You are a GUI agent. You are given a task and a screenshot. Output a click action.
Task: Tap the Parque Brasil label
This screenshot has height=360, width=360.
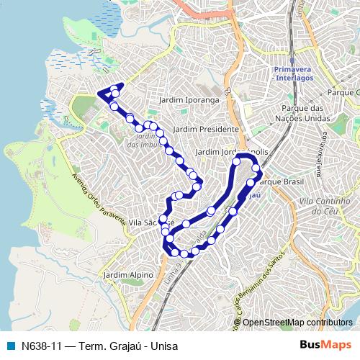[278, 181]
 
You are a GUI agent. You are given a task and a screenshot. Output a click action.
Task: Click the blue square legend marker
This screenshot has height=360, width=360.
[10, 346]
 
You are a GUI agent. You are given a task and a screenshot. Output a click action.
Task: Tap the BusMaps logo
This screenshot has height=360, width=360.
[325, 346]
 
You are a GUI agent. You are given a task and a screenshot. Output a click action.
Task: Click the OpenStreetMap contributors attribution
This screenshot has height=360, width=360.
[297, 322]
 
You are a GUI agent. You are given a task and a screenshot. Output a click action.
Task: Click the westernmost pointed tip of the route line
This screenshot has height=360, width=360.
[97, 93]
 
